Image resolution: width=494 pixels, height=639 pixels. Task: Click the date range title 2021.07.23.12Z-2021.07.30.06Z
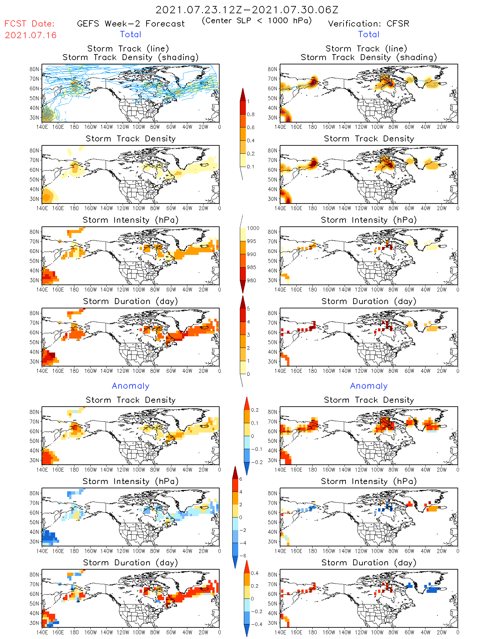click(x=247, y=10)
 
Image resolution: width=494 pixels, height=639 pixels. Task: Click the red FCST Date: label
click(x=30, y=24)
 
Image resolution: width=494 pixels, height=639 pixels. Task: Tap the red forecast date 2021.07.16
click(x=31, y=35)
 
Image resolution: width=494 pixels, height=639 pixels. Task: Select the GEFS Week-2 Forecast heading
click(x=131, y=24)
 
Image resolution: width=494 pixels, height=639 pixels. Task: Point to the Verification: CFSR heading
click(x=368, y=24)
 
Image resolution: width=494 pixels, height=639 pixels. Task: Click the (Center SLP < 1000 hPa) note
click(x=257, y=21)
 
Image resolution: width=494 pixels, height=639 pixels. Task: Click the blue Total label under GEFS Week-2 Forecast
click(x=131, y=35)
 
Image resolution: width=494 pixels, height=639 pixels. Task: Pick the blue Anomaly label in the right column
click(x=369, y=386)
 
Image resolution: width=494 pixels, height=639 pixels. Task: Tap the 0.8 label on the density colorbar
click(x=251, y=115)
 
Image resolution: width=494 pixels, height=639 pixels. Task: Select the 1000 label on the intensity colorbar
click(x=253, y=228)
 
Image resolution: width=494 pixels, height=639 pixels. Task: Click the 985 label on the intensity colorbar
click(x=251, y=268)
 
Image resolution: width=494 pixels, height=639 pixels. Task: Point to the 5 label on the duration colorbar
click(x=248, y=309)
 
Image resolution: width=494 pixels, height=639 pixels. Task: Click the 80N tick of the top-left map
click(x=34, y=69)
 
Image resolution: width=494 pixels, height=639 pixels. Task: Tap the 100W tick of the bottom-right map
click(x=377, y=632)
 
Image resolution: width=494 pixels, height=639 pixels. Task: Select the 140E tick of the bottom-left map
click(x=42, y=632)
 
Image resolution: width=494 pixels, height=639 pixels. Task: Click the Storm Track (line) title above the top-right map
click(x=366, y=49)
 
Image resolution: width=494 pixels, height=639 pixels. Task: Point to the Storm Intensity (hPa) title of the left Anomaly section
click(x=131, y=481)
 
